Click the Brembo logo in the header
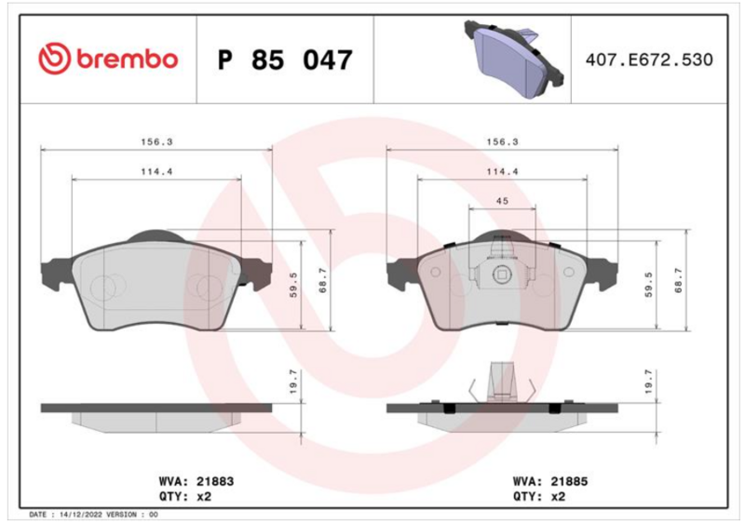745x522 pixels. [x=108, y=60]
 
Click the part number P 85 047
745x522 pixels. [x=285, y=60]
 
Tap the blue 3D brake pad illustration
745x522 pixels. [x=514, y=59]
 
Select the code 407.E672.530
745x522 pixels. [x=649, y=60]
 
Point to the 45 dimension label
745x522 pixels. [x=502, y=201]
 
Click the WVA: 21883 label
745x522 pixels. [x=196, y=481]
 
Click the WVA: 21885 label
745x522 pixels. [x=550, y=481]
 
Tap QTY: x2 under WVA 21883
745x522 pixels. [x=184, y=496]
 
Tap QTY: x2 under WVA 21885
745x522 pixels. [x=539, y=496]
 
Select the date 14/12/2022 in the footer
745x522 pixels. [x=81, y=515]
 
